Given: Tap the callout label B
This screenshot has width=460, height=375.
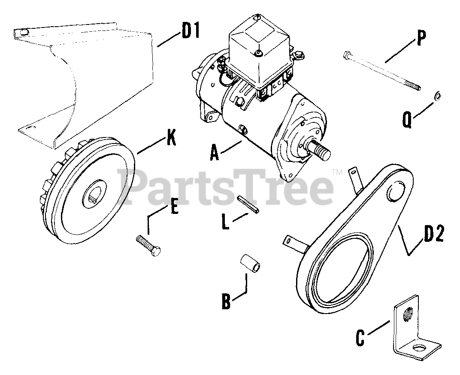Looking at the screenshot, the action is [x=226, y=300].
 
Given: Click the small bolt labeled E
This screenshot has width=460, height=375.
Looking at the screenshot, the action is [x=148, y=246].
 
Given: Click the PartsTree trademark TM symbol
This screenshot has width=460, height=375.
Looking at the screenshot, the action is [x=338, y=173].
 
